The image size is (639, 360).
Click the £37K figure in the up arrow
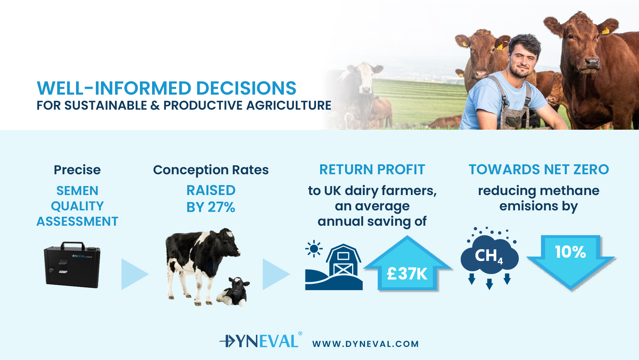(x=407, y=274)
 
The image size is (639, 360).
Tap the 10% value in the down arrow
(x=570, y=252)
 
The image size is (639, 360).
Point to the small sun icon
(x=314, y=248)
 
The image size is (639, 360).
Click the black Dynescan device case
(x=72, y=265)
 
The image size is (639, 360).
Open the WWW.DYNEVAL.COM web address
(x=366, y=344)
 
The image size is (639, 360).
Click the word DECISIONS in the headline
(x=246, y=88)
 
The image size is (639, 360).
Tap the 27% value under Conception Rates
(x=221, y=207)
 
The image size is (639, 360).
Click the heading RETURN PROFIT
(x=372, y=169)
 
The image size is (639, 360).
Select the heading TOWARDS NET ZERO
(x=539, y=169)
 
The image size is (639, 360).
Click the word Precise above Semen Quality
(x=77, y=170)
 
